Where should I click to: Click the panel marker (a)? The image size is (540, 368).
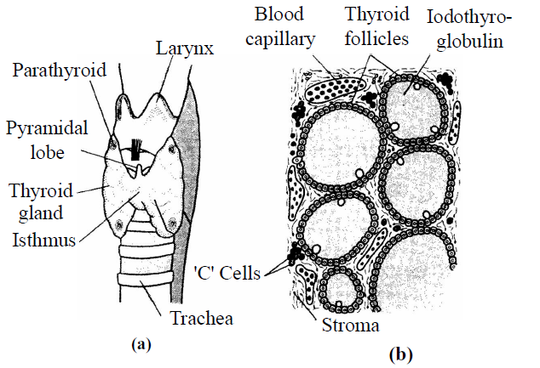[141, 344]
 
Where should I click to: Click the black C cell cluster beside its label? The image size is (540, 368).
[297, 252]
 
